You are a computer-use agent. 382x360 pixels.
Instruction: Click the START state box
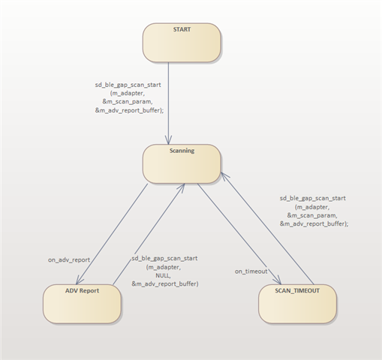tap(182, 43)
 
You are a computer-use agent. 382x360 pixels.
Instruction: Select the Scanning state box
tap(182, 163)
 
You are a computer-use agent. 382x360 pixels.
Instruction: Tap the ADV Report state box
tap(82, 304)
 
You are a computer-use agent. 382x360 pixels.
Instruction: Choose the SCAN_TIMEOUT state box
tap(297, 304)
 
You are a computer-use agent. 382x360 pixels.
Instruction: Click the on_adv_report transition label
tap(69, 260)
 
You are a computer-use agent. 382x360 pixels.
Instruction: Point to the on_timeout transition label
tap(251, 271)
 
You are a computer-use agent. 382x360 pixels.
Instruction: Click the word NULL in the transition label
tap(163, 275)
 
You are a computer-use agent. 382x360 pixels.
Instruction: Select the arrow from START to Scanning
tap(168, 103)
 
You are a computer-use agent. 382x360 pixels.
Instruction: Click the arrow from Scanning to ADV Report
tap(112, 234)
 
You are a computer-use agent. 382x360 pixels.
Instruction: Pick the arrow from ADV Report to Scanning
tap(149, 234)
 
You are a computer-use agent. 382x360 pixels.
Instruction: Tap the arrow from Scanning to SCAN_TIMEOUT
tap(239, 234)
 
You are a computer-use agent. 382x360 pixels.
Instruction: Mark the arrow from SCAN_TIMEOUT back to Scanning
tap(267, 228)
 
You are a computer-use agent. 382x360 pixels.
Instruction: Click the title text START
tap(182, 29)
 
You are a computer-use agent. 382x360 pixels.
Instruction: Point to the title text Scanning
tap(182, 151)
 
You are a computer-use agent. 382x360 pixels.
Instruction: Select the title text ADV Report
tap(82, 291)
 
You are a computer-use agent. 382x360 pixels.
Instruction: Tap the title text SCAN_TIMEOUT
tap(297, 291)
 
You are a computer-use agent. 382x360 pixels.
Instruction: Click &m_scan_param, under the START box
tap(128, 102)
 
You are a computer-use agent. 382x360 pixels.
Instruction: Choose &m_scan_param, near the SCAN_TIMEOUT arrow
tap(312, 215)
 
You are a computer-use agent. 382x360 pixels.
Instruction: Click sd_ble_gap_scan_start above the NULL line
tap(164, 258)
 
